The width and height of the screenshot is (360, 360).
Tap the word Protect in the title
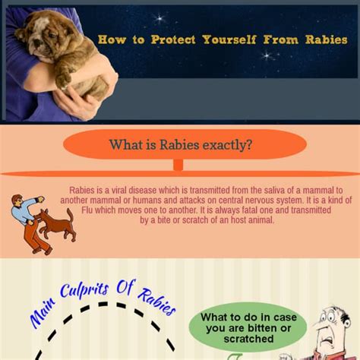[171, 39]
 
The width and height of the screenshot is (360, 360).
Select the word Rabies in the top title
[323, 39]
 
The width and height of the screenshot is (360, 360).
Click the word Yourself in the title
[232, 39]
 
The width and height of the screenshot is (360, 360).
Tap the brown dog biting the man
[58, 224]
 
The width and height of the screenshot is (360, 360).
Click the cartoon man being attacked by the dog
[29, 220]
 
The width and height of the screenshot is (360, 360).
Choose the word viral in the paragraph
[124, 190]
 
